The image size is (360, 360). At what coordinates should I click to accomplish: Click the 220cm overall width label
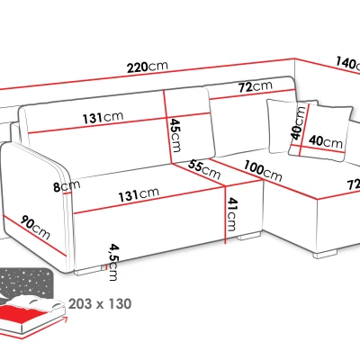click(148, 67)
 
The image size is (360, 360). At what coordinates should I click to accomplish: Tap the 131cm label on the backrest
click(103, 117)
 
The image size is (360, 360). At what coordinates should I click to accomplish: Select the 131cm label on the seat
click(139, 194)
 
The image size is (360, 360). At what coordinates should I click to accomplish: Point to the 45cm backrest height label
click(175, 135)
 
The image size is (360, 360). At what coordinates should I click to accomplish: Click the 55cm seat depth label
click(205, 170)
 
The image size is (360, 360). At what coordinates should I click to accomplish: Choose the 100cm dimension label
click(263, 171)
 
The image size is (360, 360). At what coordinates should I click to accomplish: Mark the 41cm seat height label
click(232, 214)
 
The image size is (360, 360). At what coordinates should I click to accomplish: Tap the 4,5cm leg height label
click(113, 262)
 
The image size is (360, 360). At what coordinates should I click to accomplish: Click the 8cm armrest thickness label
click(67, 186)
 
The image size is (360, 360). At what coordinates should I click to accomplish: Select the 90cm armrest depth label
click(35, 228)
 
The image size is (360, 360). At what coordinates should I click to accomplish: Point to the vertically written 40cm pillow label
click(299, 121)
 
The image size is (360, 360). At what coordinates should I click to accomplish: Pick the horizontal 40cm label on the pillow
click(326, 141)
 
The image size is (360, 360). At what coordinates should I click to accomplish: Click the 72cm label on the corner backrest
click(256, 86)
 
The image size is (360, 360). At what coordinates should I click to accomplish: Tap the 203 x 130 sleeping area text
click(100, 304)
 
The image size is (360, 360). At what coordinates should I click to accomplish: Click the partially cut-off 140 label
click(348, 65)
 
